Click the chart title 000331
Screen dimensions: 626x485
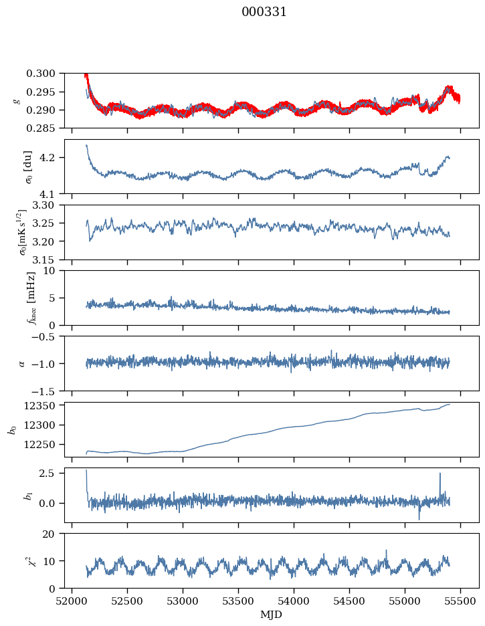point(264,12)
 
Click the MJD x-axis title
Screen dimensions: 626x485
point(271,615)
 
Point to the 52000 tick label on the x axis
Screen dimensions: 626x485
point(72,601)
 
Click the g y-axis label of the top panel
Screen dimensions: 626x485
point(17,100)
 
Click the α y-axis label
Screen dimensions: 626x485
point(22,363)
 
